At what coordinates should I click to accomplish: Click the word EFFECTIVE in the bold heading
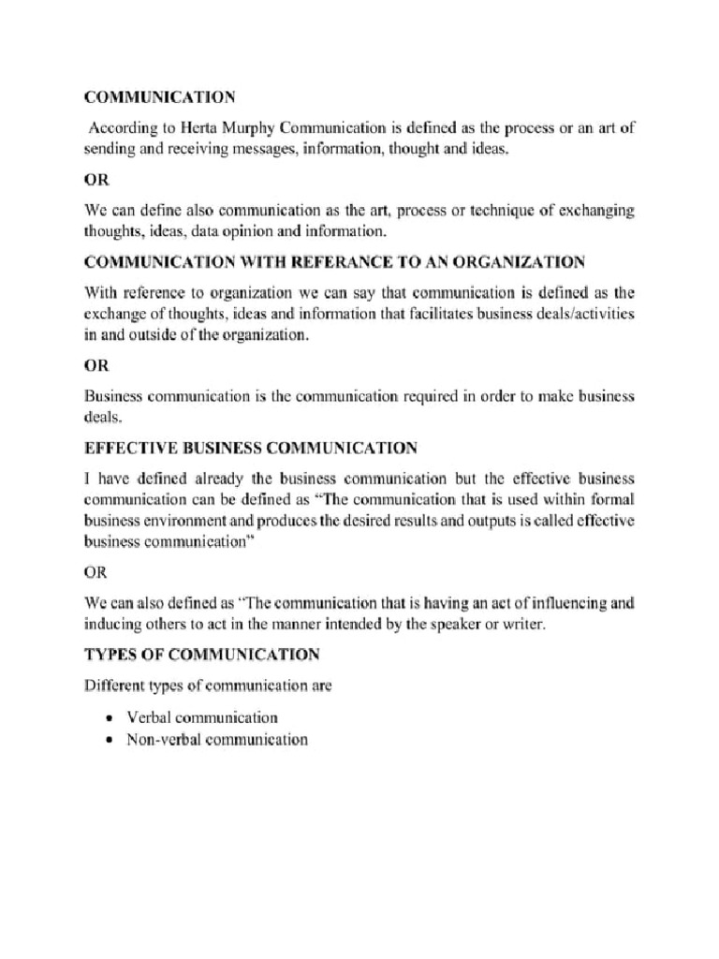pos(129,449)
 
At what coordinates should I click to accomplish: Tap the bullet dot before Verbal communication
pos(110,718)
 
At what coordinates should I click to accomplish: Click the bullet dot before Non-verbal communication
pos(110,740)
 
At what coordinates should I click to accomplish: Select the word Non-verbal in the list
pos(159,740)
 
